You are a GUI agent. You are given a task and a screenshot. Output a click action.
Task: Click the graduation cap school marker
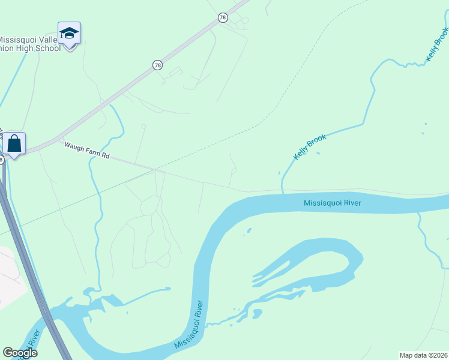[x=69, y=34]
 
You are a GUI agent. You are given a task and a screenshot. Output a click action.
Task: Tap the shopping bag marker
[x=14, y=144]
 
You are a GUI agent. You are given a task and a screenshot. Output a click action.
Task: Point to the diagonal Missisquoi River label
[x=189, y=325]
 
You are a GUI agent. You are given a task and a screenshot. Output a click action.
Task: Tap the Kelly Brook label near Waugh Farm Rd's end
[x=310, y=147]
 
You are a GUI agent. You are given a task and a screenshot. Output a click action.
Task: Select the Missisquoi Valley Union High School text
[x=30, y=44]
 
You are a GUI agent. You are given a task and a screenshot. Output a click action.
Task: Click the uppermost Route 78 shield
[x=223, y=18]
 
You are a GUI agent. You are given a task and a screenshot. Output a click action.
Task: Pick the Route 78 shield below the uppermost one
[x=157, y=65]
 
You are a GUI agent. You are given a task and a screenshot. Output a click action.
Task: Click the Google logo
[x=20, y=352]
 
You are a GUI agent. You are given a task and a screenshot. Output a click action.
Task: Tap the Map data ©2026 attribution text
[x=423, y=355]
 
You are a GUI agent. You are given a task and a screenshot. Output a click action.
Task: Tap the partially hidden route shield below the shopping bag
[x=2, y=159]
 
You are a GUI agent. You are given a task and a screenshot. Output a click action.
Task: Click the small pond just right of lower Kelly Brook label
[x=318, y=152]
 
